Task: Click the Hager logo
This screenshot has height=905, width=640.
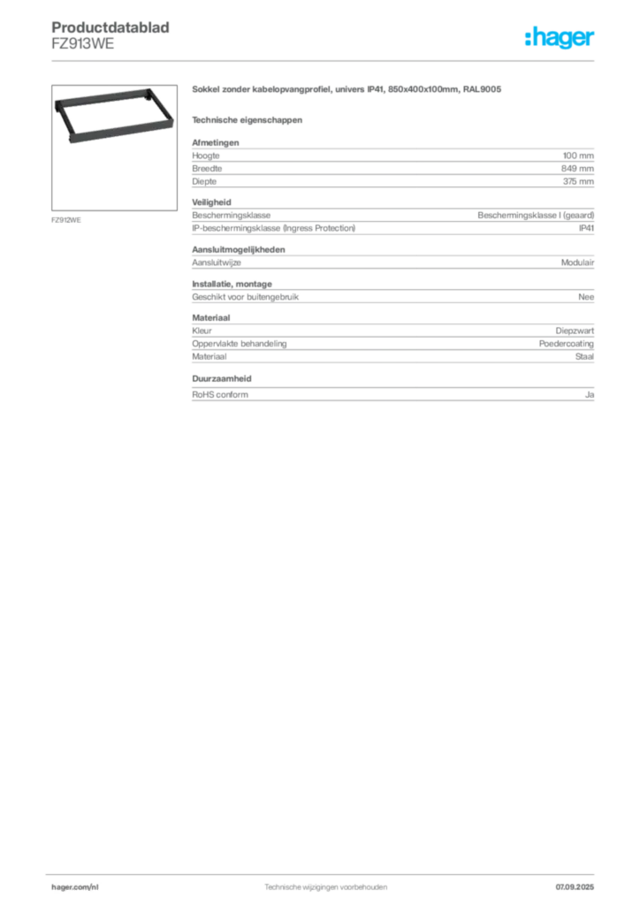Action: (x=560, y=37)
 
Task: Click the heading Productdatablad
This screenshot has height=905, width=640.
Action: (x=110, y=27)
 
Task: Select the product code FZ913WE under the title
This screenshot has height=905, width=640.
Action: (x=82, y=44)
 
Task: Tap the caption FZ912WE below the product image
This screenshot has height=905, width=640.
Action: (x=65, y=220)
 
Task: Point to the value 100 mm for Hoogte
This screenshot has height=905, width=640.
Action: (x=578, y=156)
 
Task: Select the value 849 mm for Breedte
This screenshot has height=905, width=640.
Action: (x=577, y=169)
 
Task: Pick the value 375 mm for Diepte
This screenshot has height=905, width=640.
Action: (x=578, y=181)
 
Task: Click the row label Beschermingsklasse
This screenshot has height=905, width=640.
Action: (x=231, y=216)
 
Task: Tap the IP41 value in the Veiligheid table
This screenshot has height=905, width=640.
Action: (x=586, y=228)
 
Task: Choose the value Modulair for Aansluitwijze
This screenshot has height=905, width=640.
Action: (x=577, y=262)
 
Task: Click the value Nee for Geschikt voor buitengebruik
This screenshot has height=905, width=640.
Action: (x=586, y=297)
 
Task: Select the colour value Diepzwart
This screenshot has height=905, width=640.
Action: (x=575, y=331)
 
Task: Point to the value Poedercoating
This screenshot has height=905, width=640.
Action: (x=566, y=344)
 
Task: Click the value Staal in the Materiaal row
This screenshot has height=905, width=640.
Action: (x=584, y=357)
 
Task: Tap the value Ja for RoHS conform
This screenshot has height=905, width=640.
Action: (x=590, y=395)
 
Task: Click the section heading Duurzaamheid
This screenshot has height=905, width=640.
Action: (x=222, y=378)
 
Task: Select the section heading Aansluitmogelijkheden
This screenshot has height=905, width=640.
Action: (x=239, y=249)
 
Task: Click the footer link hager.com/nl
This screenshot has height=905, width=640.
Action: (x=75, y=887)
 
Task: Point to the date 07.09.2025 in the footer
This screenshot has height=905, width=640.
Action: (x=575, y=887)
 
